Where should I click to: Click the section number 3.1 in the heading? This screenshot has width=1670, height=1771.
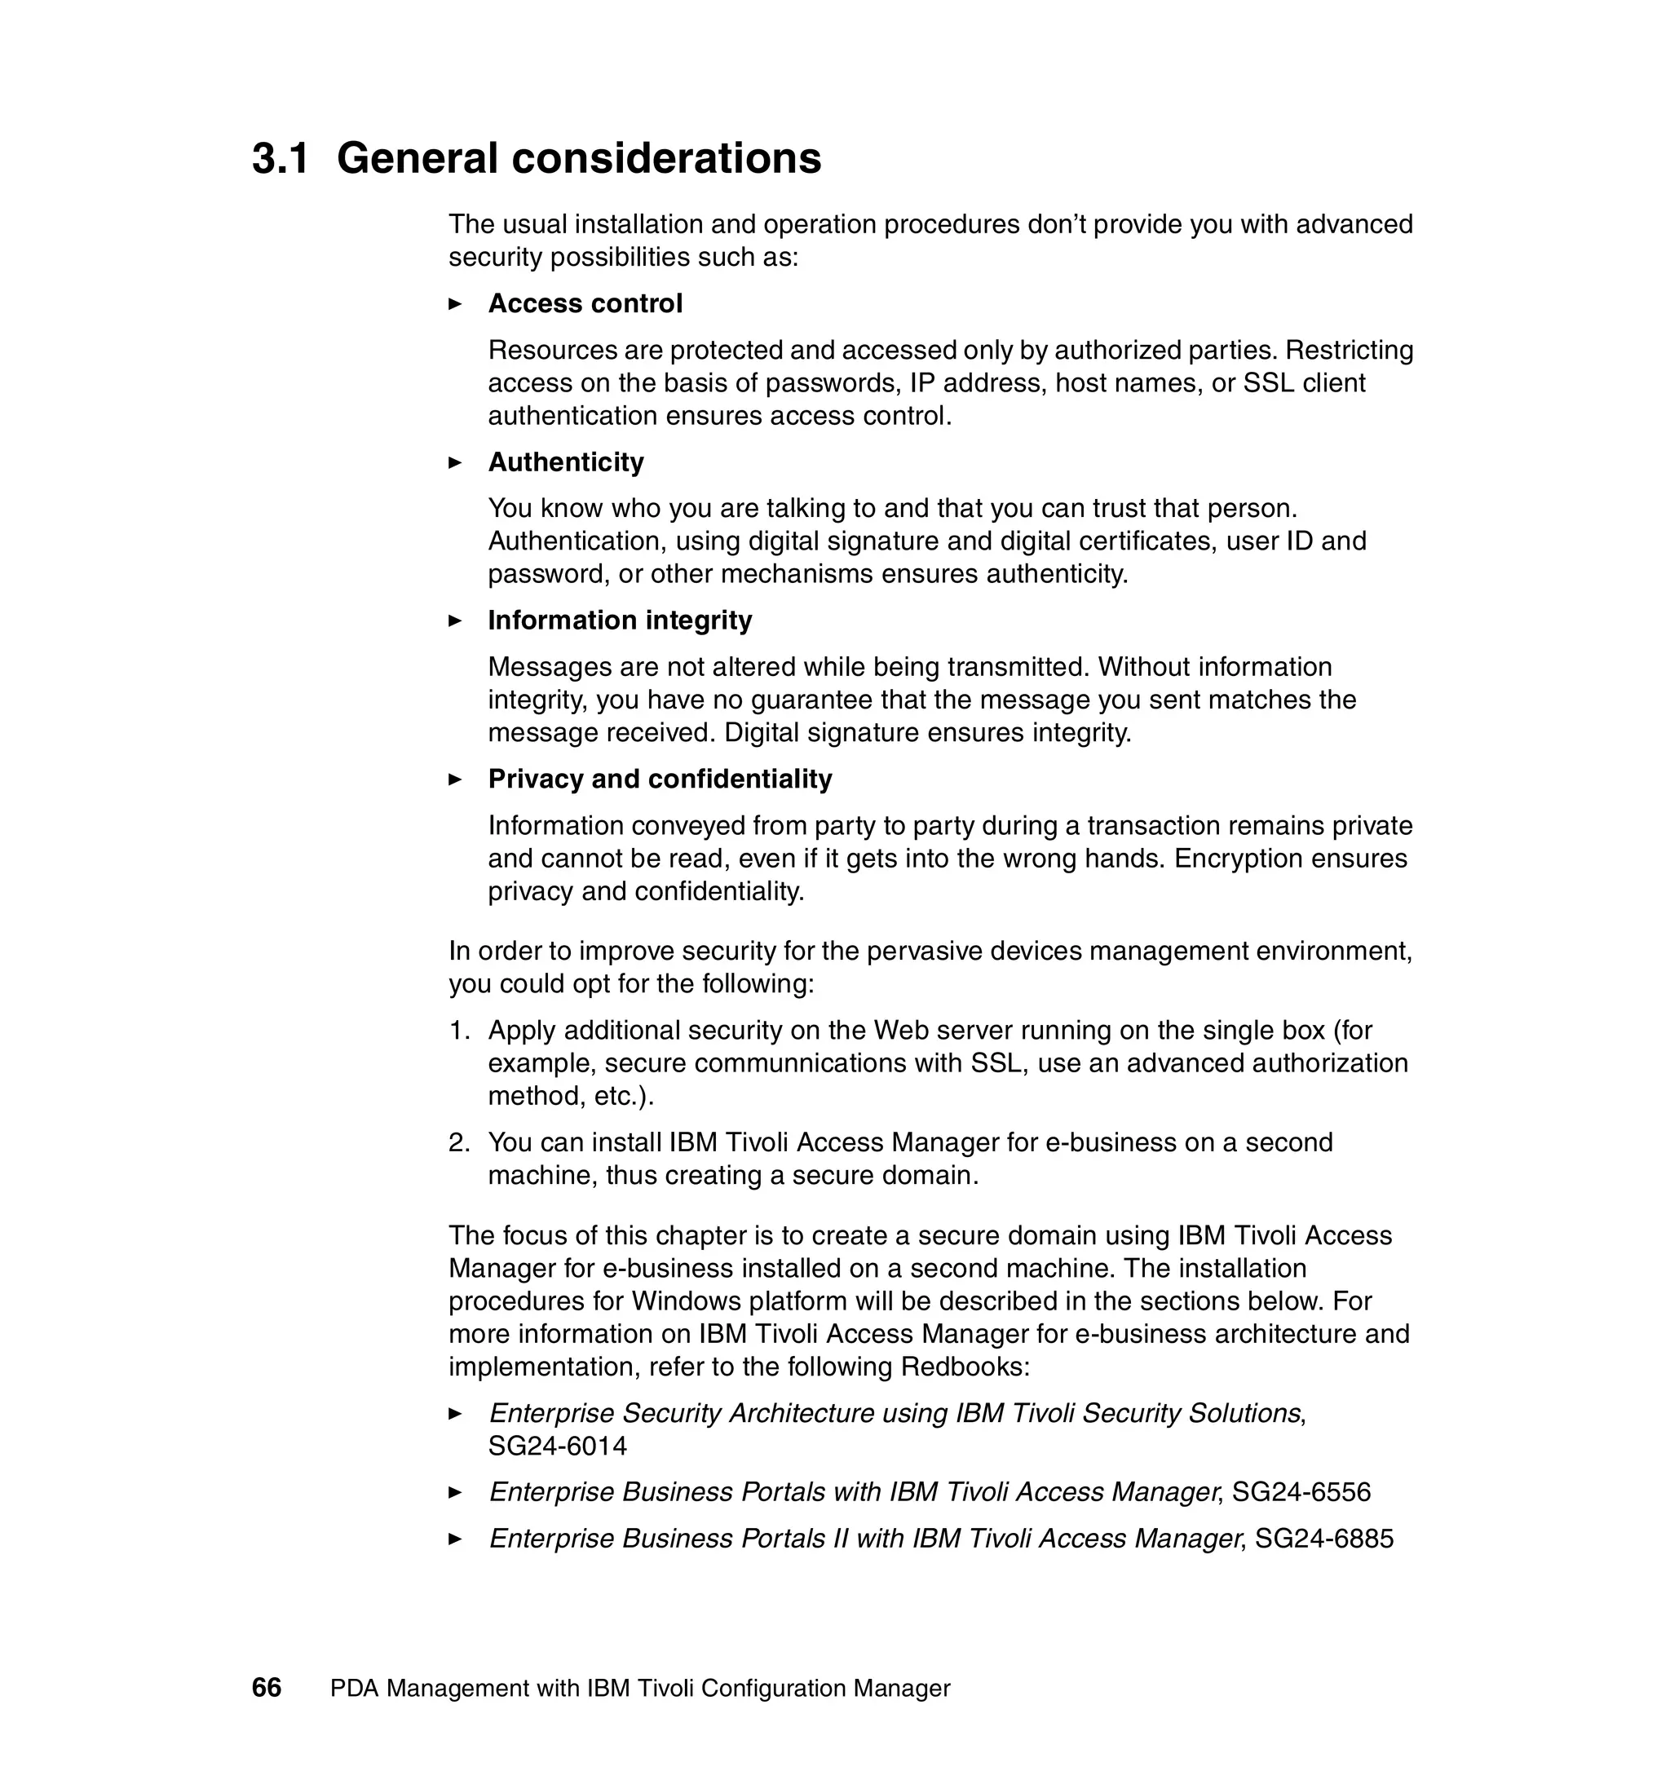pyautogui.click(x=280, y=158)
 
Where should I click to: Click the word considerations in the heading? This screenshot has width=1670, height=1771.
pyautogui.click(x=666, y=158)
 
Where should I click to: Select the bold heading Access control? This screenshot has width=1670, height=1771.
pyautogui.click(x=585, y=304)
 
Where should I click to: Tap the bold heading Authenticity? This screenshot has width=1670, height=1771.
pyautogui.click(x=566, y=462)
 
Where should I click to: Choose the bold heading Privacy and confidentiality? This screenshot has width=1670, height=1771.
pyautogui.click(x=660, y=779)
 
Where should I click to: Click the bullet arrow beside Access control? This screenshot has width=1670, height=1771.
pyautogui.click(x=455, y=305)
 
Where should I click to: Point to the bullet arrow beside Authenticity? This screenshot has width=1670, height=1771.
pyautogui.click(x=455, y=462)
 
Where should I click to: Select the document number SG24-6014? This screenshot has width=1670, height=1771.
pyautogui.click(x=558, y=1446)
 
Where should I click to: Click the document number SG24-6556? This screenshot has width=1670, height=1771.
pyautogui.click(x=1301, y=1492)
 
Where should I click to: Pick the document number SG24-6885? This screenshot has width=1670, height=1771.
pyautogui.click(x=1324, y=1539)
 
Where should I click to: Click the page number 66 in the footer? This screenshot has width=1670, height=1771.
pyautogui.click(x=267, y=1688)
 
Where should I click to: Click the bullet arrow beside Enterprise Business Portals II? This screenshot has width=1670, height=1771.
pyautogui.click(x=455, y=1539)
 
